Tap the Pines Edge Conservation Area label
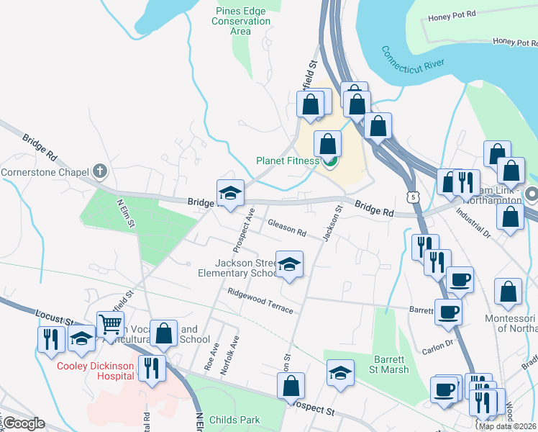pos(241,21)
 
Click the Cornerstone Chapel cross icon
pos(100,172)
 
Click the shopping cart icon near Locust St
pos(110,324)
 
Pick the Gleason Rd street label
pos(287,228)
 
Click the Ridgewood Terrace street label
pos(260,301)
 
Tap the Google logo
pos(23,423)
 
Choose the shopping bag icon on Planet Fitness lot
pos(328,143)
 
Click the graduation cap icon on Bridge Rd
pos(230,193)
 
